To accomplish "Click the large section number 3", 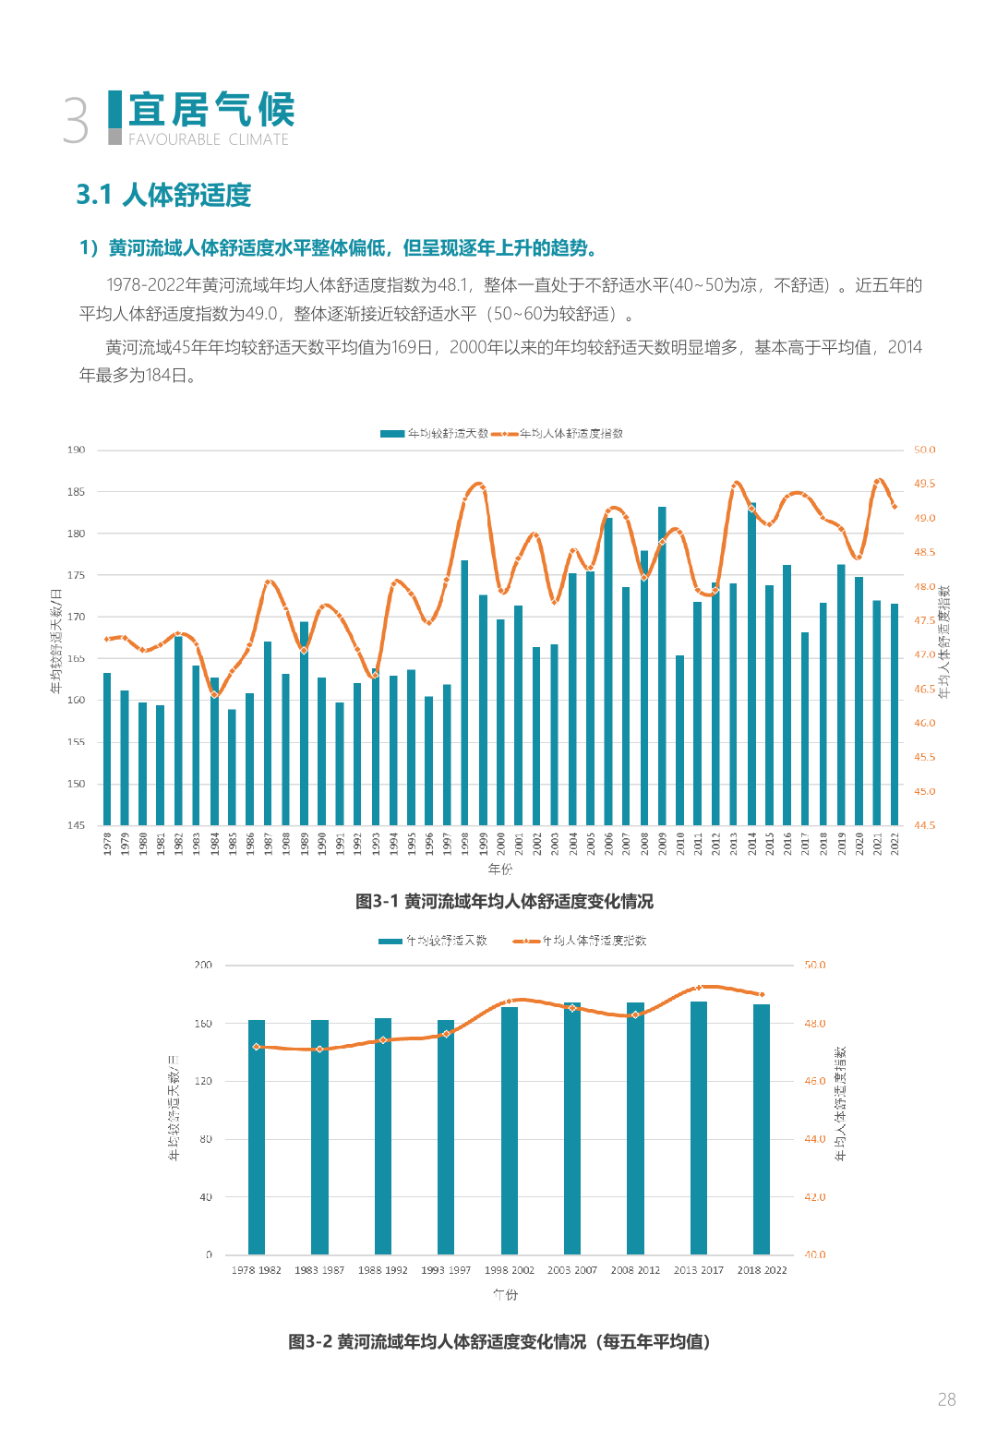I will [76, 121].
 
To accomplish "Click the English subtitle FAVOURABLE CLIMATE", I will [208, 139].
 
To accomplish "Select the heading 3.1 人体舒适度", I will [163, 195].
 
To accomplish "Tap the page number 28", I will [946, 1399].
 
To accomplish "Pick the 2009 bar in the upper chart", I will [662, 666].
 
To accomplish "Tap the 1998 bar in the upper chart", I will [464, 692].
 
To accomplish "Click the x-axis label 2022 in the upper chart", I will [895, 844].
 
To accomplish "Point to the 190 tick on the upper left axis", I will [76, 450].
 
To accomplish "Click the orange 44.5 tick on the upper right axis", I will [924, 825].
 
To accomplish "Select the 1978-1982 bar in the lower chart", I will [257, 1137].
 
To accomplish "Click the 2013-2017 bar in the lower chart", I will [699, 1128].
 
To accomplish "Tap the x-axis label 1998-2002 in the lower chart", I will [510, 1270].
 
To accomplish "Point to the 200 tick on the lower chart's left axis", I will [203, 965].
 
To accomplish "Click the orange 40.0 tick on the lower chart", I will [814, 1254].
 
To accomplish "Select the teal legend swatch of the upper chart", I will [392, 434].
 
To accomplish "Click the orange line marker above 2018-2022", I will [762, 994].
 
